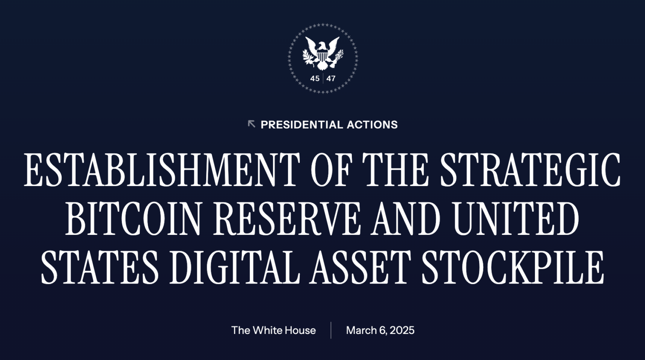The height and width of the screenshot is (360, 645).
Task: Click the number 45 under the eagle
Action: (x=315, y=79)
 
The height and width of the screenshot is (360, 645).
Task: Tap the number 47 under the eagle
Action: (x=331, y=79)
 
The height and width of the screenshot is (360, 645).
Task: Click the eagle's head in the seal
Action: (x=322, y=45)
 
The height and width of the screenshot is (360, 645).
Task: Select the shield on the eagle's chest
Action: (x=322, y=56)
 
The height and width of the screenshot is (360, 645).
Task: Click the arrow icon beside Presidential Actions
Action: (x=252, y=124)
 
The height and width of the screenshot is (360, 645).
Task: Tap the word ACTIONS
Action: (x=372, y=125)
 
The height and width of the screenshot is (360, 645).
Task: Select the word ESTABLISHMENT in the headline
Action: (x=162, y=170)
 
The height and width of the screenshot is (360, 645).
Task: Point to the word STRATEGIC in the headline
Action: (x=530, y=170)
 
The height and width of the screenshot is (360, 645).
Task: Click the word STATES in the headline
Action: (x=100, y=268)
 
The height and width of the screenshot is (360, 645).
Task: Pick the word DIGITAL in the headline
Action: (x=234, y=268)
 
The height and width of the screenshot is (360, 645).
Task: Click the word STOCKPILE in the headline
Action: (x=513, y=268)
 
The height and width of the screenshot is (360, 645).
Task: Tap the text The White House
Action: (x=273, y=330)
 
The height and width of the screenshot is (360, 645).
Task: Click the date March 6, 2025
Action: (x=380, y=330)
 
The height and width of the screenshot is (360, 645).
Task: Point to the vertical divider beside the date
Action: (x=331, y=330)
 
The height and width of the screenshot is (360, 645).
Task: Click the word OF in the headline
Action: (x=330, y=170)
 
